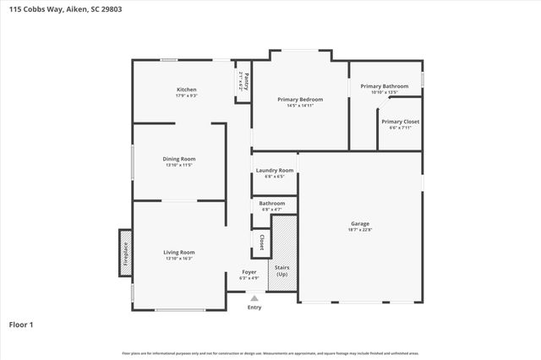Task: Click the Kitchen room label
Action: [x=186, y=90]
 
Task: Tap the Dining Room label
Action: [x=179, y=159]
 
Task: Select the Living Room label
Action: [x=179, y=252]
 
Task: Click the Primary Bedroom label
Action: [x=300, y=100]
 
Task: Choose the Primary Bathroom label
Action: [x=384, y=86]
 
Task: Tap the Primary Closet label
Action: [x=400, y=122]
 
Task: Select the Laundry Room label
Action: [x=275, y=172]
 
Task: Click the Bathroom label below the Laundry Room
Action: [x=272, y=203]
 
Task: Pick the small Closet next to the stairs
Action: [x=261, y=243]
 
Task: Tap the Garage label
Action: [x=360, y=224]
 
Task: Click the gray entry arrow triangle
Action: [x=254, y=297]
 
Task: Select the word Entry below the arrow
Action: [x=254, y=308]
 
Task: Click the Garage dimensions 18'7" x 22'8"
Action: [x=360, y=230]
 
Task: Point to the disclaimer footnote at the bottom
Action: [x=270, y=353]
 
